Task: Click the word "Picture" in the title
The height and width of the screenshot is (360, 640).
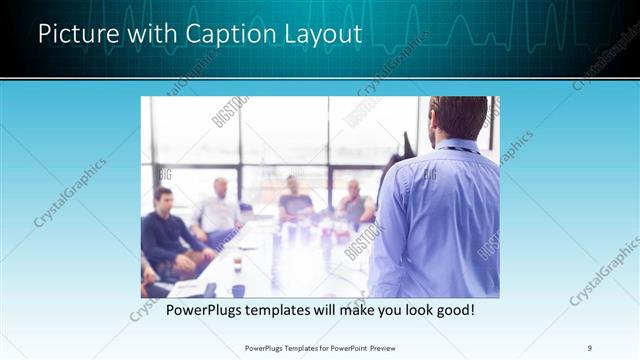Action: coord(73,34)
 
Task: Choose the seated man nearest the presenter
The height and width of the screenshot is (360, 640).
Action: coord(354,205)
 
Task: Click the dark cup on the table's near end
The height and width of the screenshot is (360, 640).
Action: coord(238,290)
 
